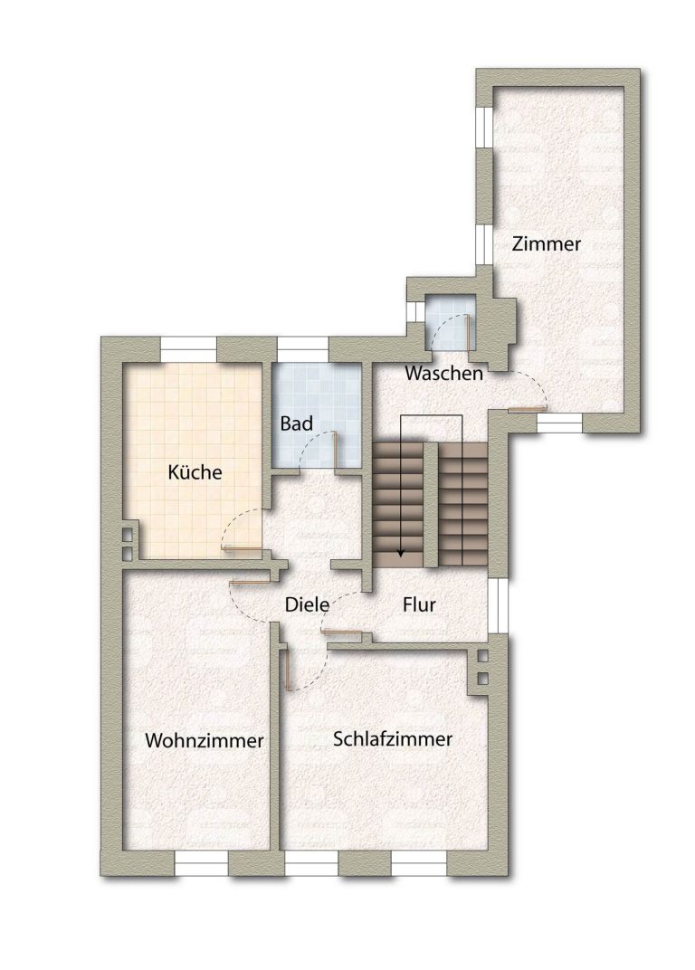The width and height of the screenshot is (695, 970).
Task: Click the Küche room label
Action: click(x=195, y=472)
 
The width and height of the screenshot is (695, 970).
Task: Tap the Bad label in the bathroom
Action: click(x=297, y=423)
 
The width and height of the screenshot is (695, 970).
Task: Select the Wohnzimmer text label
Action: click(x=205, y=740)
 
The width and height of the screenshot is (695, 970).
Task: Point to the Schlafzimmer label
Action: click(x=393, y=738)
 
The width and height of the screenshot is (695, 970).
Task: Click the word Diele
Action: click(x=307, y=604)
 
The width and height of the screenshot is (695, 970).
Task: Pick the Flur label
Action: click(x=419, y=604)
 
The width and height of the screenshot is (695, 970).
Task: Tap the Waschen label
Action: click(x=443, y=373)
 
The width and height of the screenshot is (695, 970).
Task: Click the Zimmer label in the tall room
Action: click(x=547, y=243)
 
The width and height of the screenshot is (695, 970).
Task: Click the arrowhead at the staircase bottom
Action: click(x=400, y=554)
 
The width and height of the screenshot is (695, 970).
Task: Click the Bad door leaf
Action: click(x=335, y=450)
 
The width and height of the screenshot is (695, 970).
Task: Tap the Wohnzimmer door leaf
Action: click(x=252, y=582)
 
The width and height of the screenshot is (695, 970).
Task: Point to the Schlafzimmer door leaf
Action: click(x=288, y=669)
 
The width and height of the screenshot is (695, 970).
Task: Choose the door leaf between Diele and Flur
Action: click(x=342, y=632)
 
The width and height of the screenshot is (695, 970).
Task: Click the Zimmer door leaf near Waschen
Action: click(x=528, y=408)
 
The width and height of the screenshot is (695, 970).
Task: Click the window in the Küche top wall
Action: click(x=189, y=349)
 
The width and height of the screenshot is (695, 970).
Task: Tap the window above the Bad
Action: click(x=302, y=349)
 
